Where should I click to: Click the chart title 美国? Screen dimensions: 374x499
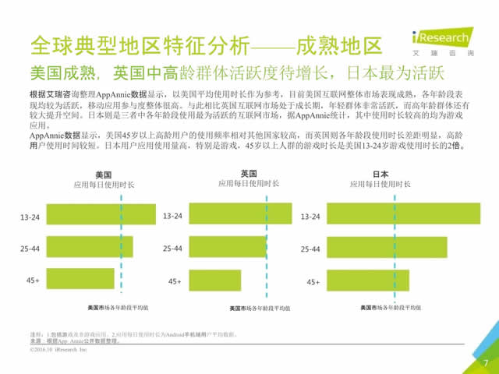[x=104, y=175]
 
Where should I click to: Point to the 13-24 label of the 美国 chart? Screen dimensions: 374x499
[x=30, y=217]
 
